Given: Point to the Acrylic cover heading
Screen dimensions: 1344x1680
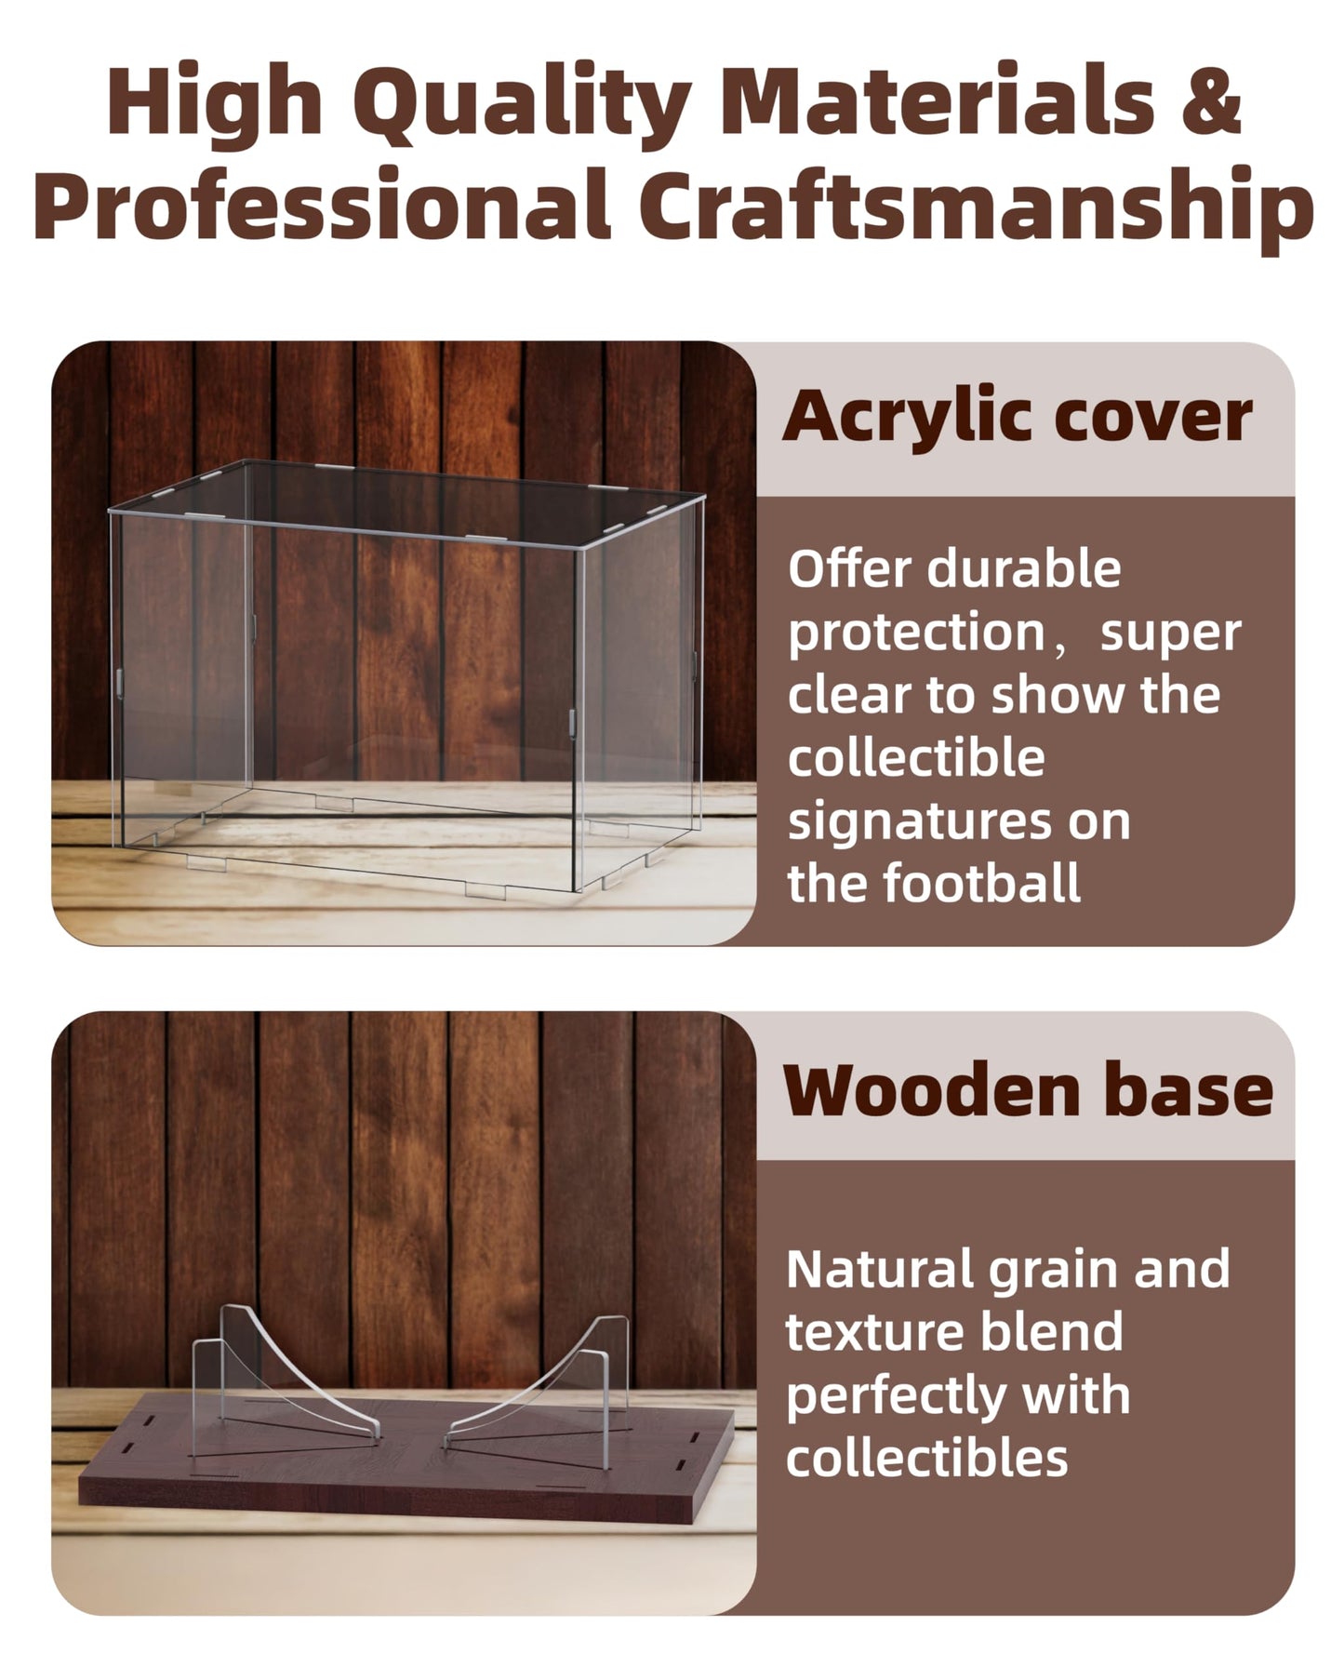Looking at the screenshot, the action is coord(1017,417).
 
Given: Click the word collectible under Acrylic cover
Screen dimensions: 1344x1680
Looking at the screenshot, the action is coord(916,757).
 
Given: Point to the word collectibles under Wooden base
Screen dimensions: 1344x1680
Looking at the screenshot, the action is coord(927,1458).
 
